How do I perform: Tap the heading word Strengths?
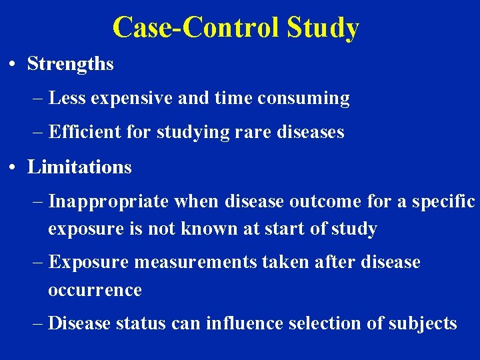pyautogui.click(x=70, y=64)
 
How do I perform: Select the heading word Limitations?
pyautogui.click(x=79, y=167)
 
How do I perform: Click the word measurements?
pyautogui.click(x=194, y=262)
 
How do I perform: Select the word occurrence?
pyautogui.click(x=95, y=290)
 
